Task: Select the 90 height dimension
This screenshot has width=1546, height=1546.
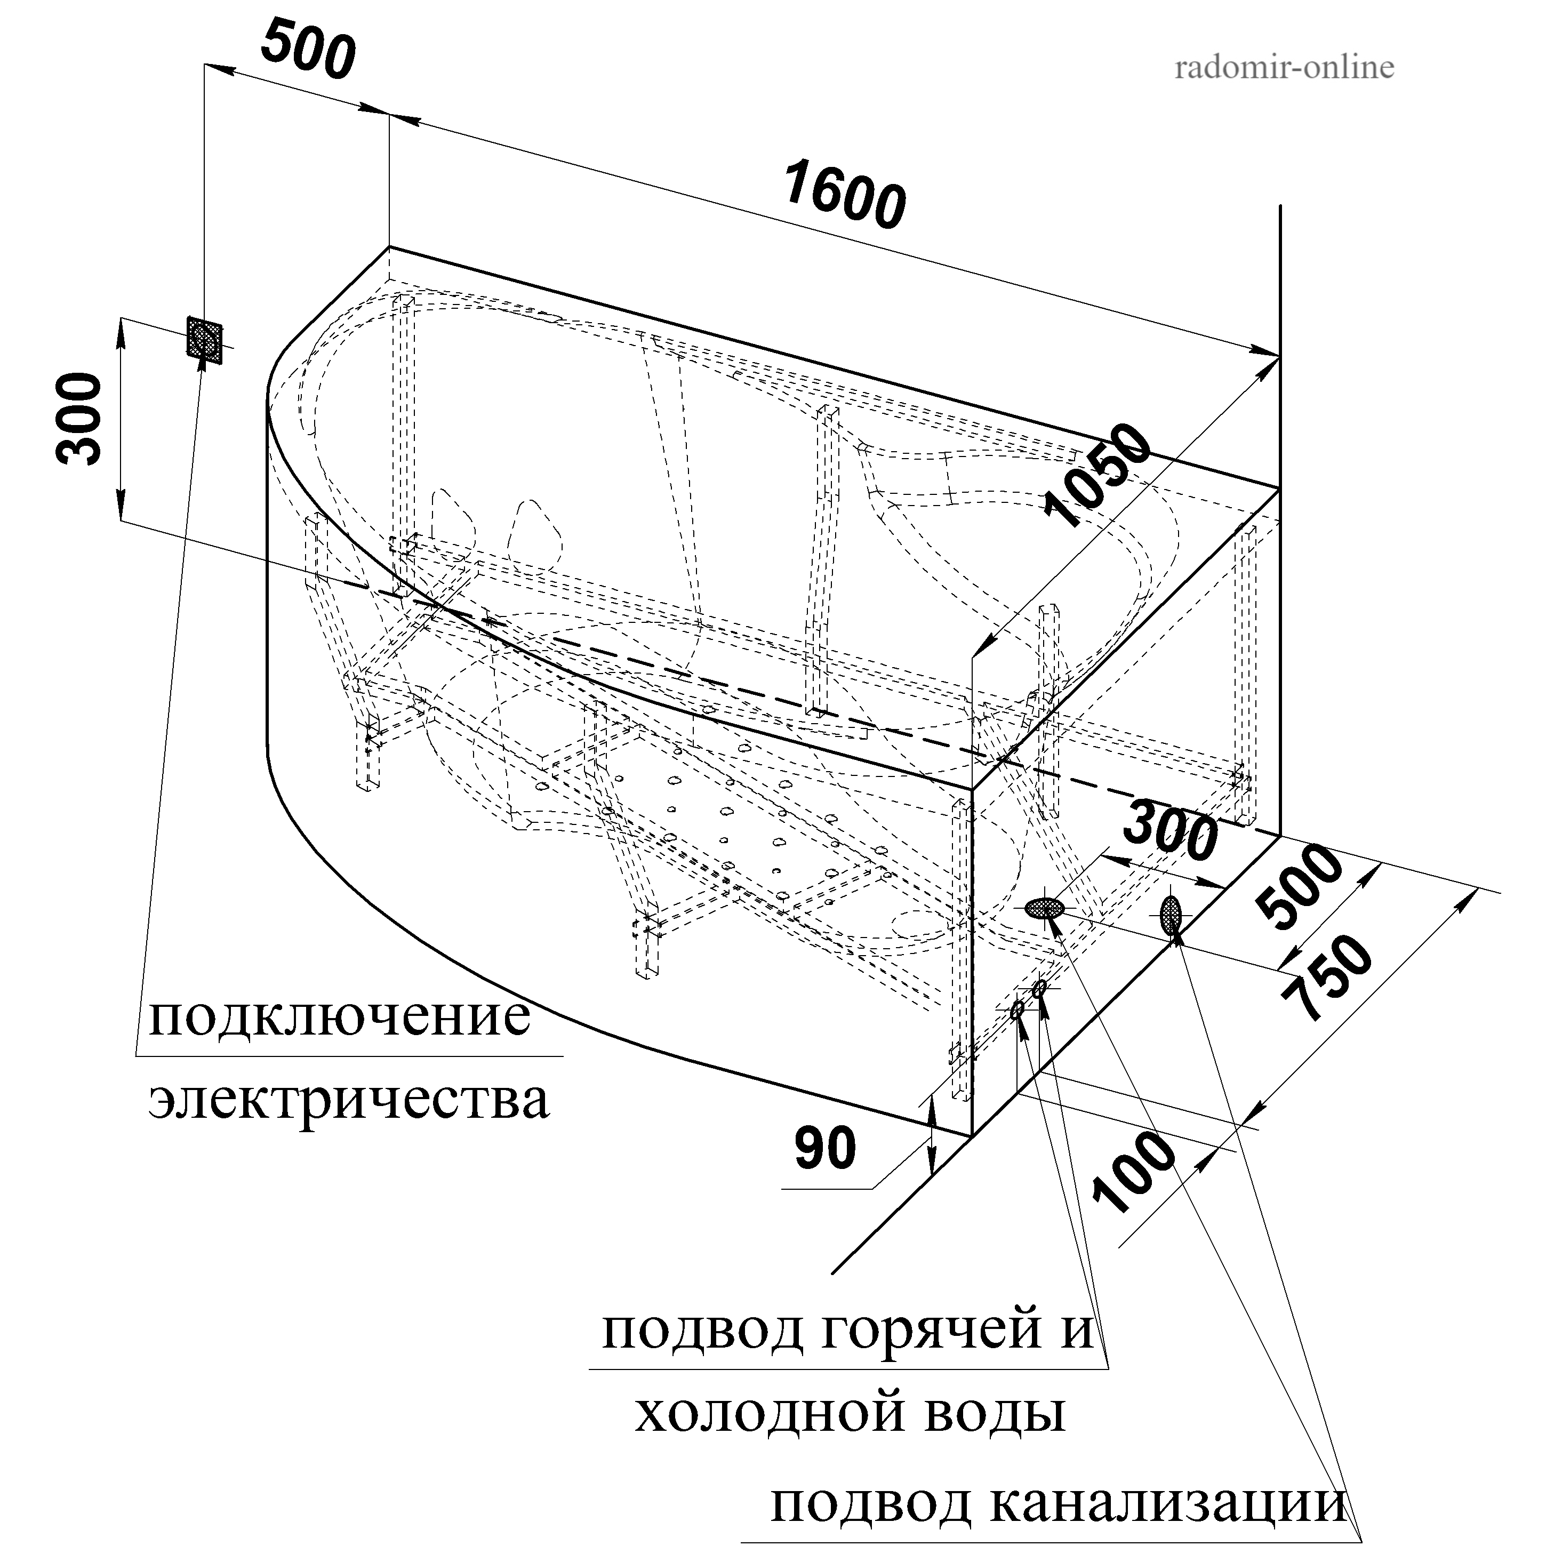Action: coord(825,1149)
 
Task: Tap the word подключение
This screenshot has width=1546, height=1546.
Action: coord(339,1016)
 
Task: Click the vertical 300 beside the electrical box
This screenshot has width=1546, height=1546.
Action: coord(80,419)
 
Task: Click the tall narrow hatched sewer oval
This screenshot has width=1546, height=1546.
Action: coord(1171,915)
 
